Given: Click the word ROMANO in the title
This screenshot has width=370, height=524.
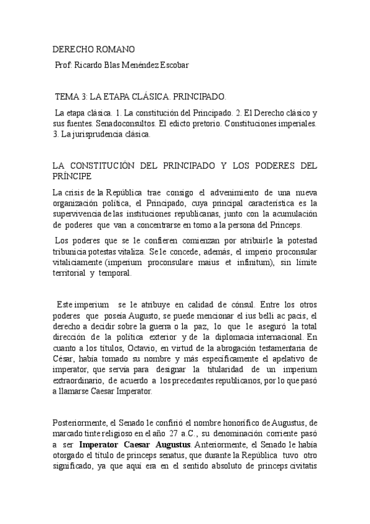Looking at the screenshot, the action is coord(116,49).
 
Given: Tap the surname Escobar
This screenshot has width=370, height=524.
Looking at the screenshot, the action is coord(172,65).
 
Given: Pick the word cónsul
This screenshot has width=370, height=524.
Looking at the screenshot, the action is coord(235,305).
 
